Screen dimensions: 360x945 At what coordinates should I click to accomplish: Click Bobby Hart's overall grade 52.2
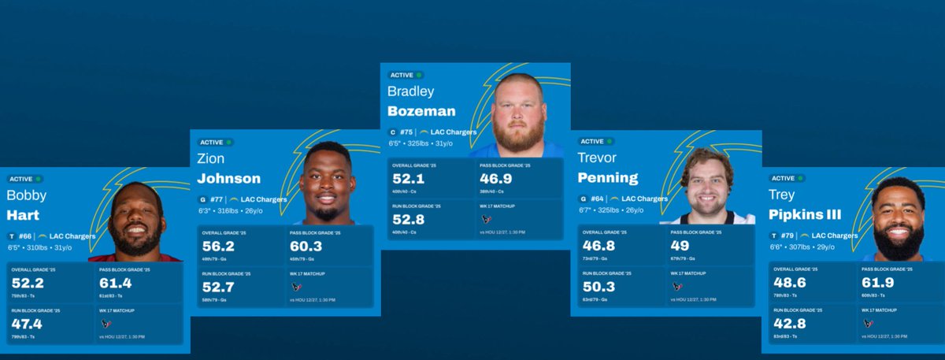tap(27, 283)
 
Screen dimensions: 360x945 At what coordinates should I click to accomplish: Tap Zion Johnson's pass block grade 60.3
tap(306, 246)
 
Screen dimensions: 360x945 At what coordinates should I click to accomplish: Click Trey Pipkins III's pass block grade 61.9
tap(876, 283)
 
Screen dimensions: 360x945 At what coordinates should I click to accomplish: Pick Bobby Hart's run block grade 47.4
tap(27, 323)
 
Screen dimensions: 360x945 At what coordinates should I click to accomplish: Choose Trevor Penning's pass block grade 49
tap(679, 246)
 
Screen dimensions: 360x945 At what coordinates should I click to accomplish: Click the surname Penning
tap(608, 178)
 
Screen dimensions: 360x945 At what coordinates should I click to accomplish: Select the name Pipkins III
tap(808, 214)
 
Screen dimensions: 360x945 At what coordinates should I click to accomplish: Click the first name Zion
tap(211, 158)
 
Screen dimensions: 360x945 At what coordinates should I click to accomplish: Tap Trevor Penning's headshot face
tap(707, 184)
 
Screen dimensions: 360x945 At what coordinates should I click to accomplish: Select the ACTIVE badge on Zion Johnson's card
tap(216, 142)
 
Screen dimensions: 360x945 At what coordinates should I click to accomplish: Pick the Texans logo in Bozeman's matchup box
tap(487, 220)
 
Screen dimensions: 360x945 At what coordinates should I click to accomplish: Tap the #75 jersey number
tap(406, 132)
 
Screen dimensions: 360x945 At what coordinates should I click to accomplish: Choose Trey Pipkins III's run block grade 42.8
tap(789, 323)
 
